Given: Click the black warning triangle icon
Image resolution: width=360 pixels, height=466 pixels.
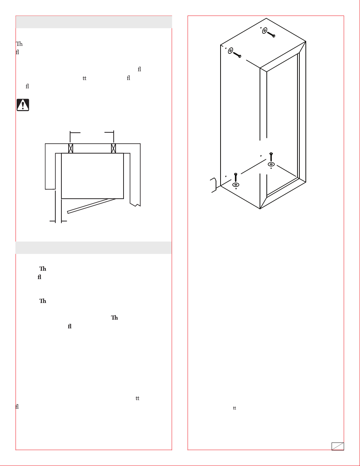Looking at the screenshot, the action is click(23, 105).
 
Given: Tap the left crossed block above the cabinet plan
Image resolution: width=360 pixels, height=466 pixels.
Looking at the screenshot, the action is click(70, 148).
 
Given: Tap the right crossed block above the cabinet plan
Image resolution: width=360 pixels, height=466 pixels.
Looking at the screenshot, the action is click(113, 148).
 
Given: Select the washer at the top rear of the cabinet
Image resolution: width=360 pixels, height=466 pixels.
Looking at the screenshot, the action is click(265, 30).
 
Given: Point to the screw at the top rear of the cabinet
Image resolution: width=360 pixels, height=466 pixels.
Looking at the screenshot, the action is click(271, 34).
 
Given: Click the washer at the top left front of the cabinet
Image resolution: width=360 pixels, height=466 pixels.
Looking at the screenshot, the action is click(230, 50).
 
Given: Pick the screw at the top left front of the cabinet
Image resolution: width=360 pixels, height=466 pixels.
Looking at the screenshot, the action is click(237, 55).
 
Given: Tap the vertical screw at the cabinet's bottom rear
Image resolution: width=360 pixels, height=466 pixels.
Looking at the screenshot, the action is click(271, 157).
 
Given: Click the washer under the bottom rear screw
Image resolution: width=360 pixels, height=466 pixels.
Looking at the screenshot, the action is click(271, 164).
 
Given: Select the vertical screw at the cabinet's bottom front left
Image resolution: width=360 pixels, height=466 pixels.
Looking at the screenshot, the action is click(236, 177).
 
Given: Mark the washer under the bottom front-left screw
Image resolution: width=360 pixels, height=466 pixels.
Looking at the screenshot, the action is click(236, 185).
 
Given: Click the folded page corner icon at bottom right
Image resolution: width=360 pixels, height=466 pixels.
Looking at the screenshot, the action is click(338, 446).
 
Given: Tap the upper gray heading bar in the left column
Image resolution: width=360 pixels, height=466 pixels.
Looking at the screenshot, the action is click(94, 22).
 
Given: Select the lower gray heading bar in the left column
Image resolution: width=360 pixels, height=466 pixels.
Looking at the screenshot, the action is click(94, 248).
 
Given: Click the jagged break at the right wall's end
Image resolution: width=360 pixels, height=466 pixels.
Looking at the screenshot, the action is click(135, 205).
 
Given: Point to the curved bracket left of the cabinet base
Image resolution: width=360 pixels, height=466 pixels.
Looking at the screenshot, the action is click(214, 185).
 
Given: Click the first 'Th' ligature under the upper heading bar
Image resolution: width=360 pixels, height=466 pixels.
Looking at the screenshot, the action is click(19, 44).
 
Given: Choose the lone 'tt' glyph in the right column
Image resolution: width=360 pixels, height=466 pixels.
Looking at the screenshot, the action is click(235, 408).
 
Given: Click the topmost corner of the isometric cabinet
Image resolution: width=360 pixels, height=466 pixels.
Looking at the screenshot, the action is click(266, 18).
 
